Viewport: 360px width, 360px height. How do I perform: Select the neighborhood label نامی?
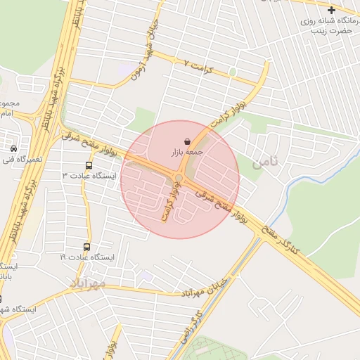click(265, 161)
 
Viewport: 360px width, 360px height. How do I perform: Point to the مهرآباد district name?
click(87, 283)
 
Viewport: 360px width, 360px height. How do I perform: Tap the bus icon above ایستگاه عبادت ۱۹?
click(87, 247)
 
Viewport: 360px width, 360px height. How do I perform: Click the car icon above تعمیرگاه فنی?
click(14, 148)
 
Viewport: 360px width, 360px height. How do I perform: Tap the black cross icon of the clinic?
click(331, 10)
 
